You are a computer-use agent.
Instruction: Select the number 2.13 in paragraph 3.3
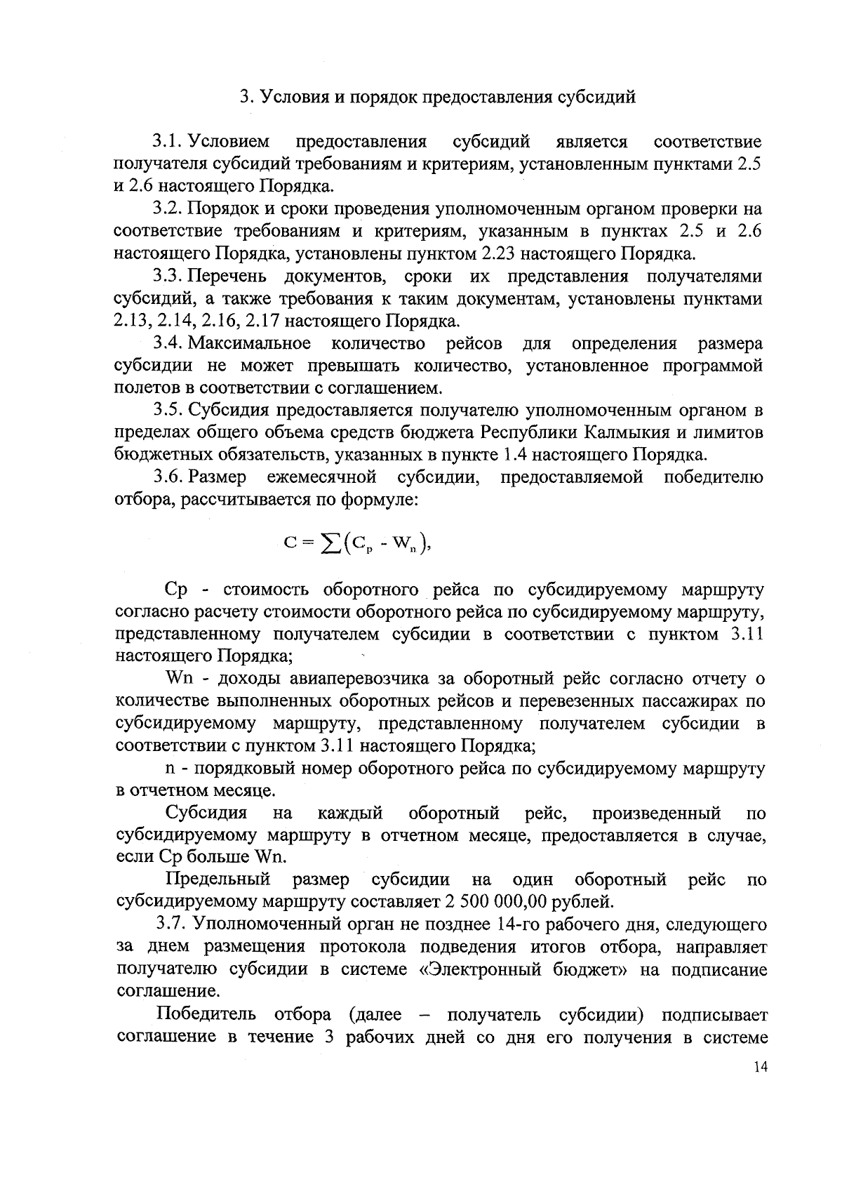tap(133, 321)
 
